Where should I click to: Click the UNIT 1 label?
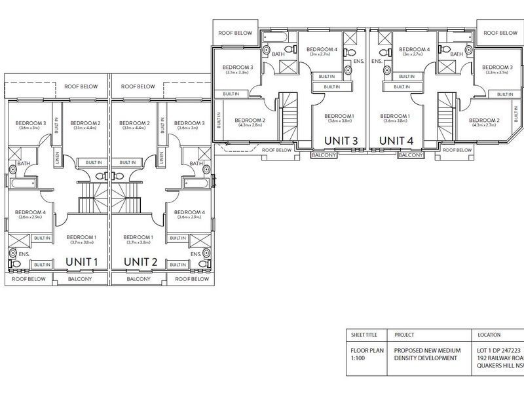tap(82, 262)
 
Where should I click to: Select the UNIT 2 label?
tap(141, 262)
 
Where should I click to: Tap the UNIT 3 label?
tap(341, 140)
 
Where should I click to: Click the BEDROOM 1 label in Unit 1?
tap(82, 237)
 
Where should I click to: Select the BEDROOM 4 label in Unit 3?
tap(322, 50)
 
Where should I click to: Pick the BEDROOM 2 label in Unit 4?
tap(485, 121)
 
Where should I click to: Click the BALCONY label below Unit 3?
tap(325, 155)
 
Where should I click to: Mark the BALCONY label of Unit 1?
tap(81, 279)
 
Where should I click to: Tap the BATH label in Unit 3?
tap(278, 54)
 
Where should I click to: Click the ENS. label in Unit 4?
tap(377, 62)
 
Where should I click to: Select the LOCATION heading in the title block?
tap(490, 335)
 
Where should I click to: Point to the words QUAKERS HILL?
tap(495, 367)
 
